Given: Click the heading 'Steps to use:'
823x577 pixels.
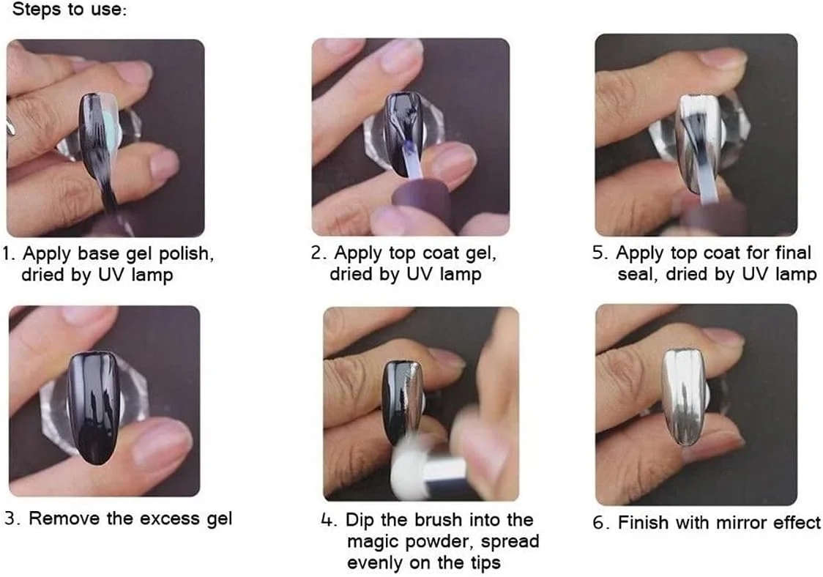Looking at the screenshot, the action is pyautogui.click(x=70, y=10).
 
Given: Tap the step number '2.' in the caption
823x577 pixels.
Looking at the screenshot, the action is pyautogui.click(x=319, y=253).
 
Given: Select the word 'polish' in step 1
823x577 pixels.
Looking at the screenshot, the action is pyautogui.click(x=186, y=253).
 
